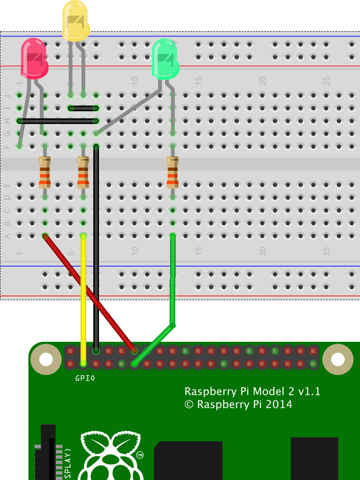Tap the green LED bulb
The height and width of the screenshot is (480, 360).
click(165, 59)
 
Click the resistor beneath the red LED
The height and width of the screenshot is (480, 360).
click(45, 172)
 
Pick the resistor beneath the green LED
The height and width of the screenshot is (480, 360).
click(173, 172)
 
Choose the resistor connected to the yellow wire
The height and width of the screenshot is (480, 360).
click(83, 172)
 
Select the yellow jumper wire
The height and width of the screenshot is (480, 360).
click(83, 298)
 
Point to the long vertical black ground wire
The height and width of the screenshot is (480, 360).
click(96, 246)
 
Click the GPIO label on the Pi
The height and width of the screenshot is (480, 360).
click(85, 378)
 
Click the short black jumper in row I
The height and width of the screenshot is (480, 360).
click(83, 108)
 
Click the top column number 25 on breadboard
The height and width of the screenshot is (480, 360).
click(326, 81)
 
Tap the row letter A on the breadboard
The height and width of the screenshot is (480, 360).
click(7, 236)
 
